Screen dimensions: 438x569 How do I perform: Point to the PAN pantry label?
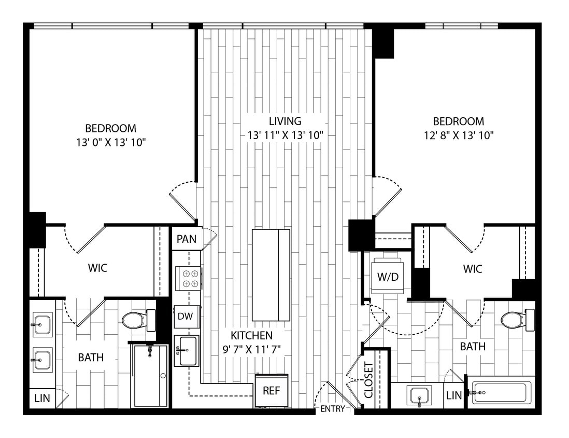point(186,239)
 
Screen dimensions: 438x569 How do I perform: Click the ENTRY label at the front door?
point(332,409)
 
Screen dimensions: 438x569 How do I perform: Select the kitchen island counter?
point(271,275)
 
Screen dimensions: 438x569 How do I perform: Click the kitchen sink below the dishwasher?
point(187,350)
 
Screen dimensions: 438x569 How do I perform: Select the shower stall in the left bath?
point(150,375)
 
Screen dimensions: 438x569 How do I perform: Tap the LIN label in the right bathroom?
point(453,395)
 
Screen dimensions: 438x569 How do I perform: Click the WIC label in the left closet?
point(97,268)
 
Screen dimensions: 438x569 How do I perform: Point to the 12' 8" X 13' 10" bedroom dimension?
point(458,135)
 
